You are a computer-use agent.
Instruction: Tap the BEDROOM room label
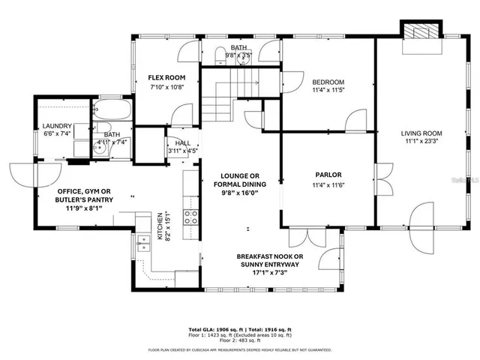point(328,82)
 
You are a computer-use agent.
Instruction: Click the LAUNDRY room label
point(57,126)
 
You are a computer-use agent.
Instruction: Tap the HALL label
point(183,142)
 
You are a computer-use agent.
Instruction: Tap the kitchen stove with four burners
point(191,217)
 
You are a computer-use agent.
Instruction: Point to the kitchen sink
point(142,241)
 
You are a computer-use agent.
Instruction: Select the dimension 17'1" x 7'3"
point(270,272)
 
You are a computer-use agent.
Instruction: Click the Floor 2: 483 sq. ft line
point(240,341)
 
